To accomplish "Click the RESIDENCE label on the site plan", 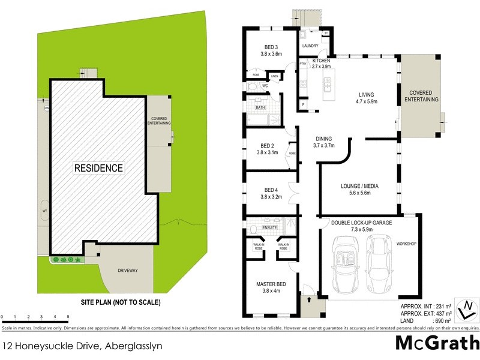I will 98,168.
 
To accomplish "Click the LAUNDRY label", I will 310,46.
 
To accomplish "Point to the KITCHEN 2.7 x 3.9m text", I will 321,64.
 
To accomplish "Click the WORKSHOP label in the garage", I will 406,244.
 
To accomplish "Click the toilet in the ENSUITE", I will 254,229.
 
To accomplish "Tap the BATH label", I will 260,108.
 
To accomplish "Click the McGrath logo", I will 437,343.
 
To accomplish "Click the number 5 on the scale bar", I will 68,316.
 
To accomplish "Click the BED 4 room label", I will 271,193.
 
